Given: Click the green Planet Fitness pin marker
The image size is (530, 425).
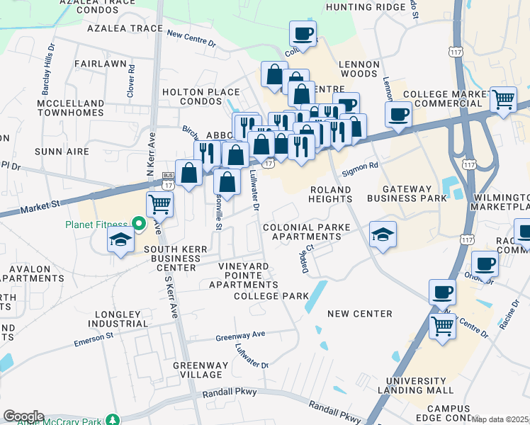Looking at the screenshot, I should click(140, 225).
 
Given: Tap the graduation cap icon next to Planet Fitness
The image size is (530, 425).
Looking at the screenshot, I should click(120, 241).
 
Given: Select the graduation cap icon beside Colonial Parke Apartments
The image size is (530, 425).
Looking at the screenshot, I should click(383, 234).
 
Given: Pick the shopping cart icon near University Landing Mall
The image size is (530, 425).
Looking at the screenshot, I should click(443, 327).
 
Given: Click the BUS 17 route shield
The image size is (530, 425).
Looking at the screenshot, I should click(168, 175).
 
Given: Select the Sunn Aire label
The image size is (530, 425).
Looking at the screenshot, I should click(62, 152).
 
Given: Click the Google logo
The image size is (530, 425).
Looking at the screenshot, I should click(23, 416).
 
